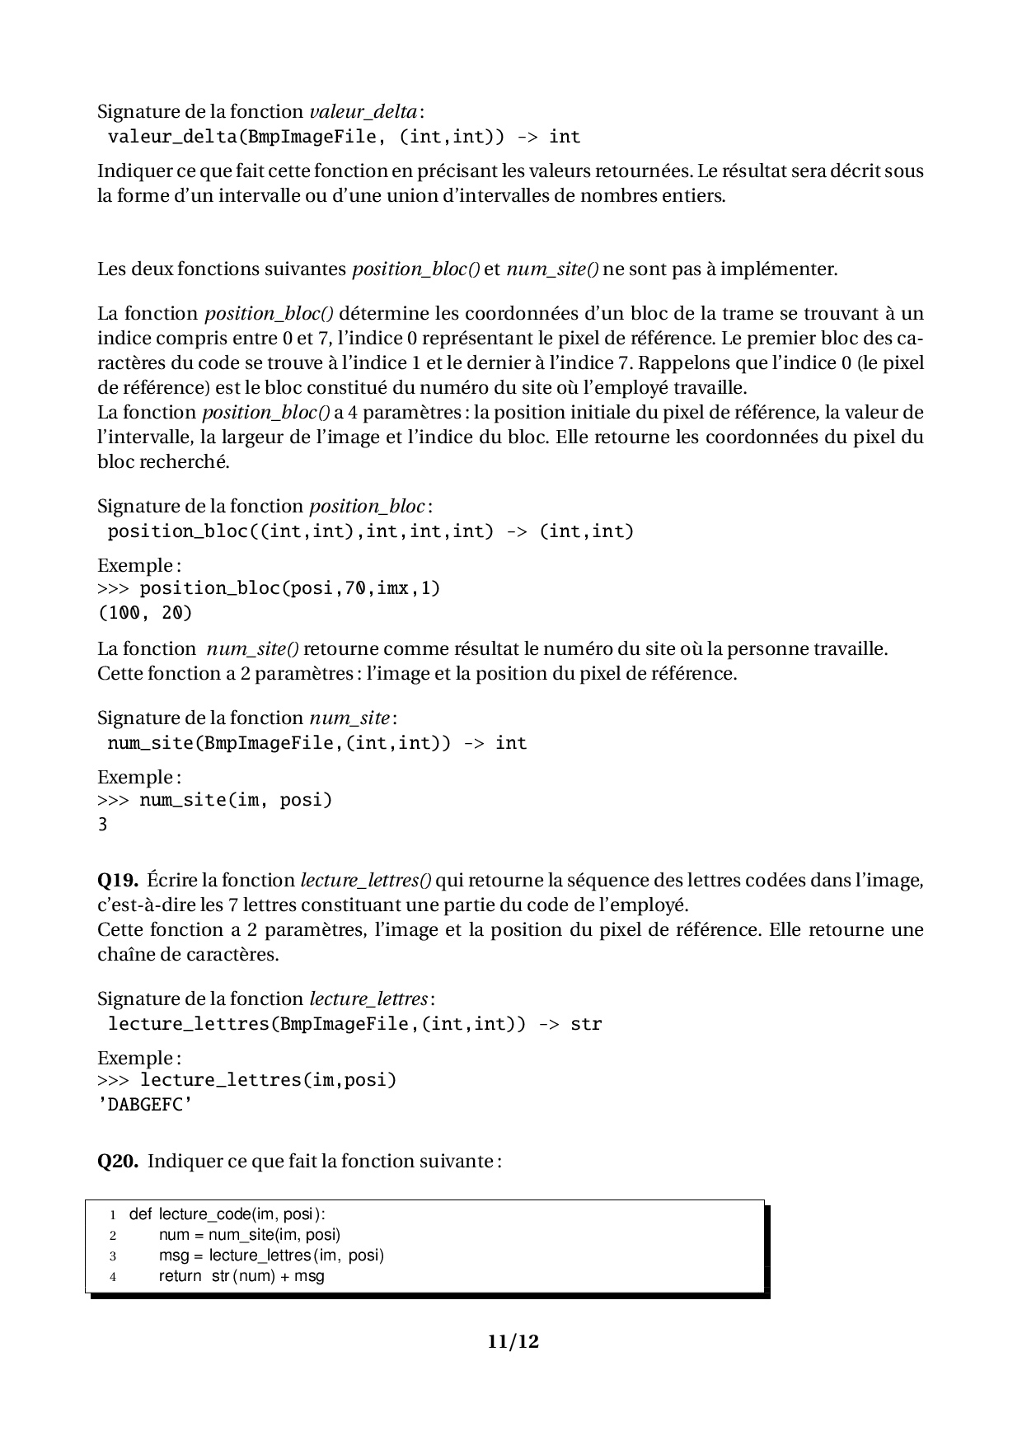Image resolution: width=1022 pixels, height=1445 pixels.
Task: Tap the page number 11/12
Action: coord(513,1341)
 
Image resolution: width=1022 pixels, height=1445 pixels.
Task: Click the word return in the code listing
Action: coord(180,1276)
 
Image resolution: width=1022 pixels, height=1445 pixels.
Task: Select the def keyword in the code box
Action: coord(140,1214)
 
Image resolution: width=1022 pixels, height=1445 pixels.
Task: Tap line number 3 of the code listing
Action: coord(113,1256)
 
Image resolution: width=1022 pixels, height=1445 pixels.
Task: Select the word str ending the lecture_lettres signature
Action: coord(586,1024)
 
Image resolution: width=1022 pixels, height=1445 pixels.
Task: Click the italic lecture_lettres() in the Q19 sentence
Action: coord(365,881)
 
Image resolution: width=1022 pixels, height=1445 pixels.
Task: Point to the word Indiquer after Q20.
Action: coord(185,1162)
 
